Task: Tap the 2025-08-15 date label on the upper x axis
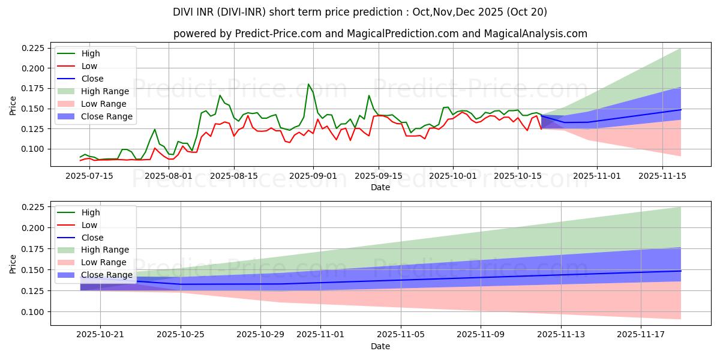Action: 234,175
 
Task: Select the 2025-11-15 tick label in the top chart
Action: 662,175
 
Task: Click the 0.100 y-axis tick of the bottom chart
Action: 34,312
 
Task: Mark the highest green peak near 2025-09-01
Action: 308,84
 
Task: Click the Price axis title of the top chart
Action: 13,105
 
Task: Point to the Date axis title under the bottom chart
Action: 380,346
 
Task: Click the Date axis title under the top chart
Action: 380,187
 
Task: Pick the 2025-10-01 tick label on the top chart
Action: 453,175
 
